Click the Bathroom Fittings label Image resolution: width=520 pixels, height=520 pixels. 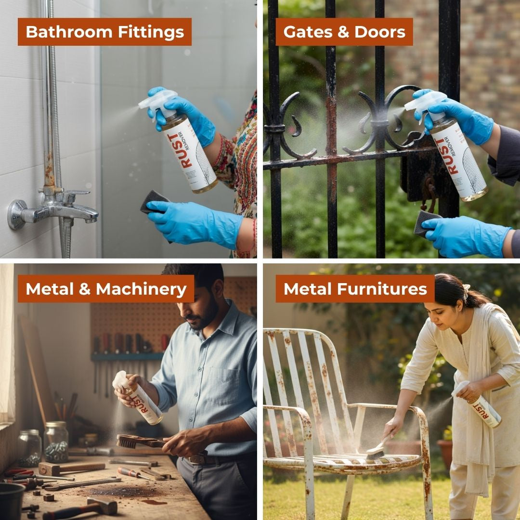click(104, 32)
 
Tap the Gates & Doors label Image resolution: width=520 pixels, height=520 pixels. click(344, 32)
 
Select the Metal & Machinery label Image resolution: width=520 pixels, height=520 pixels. click(106, 289)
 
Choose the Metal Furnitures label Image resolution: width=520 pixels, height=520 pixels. click(355, 289)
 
